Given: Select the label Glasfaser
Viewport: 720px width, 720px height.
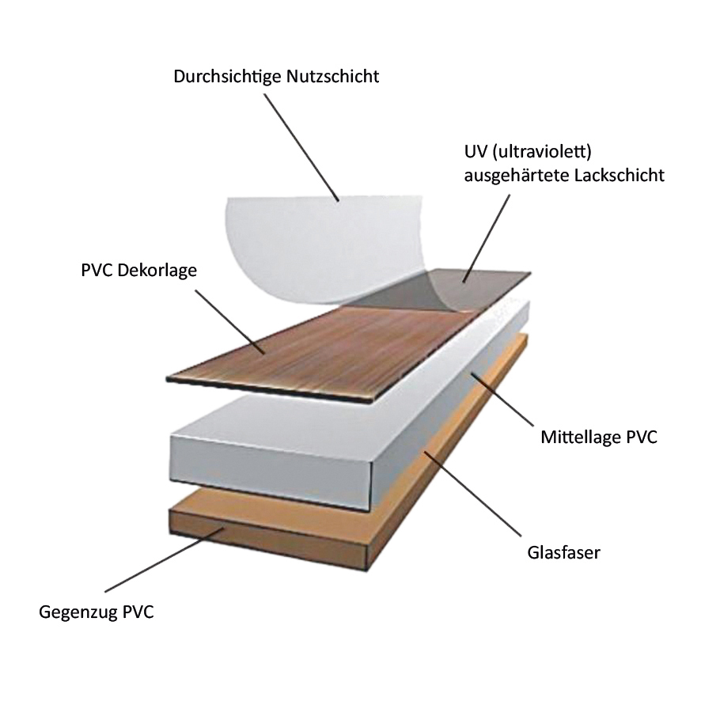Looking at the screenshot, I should point(563,552).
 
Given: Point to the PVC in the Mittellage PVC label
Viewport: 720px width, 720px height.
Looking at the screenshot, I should point(640,437).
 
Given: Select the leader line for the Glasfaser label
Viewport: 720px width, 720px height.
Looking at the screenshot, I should point(475,498).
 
